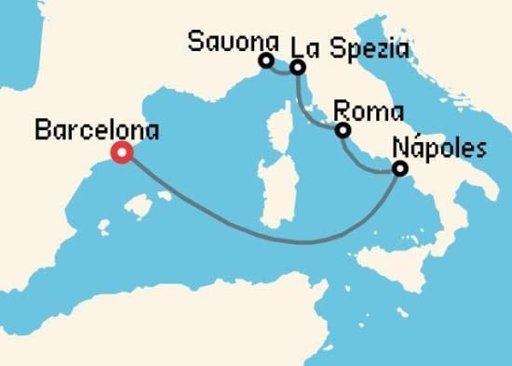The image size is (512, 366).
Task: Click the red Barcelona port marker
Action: (x=121, y=153)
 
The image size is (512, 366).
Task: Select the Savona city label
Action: (x=234, y=41)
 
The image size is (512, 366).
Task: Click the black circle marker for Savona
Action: (x=265, y=61)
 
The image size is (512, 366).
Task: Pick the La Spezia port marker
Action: (x=297, y=67)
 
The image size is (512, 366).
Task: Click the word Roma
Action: (x=355, y=110)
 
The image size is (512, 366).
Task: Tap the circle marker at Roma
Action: (x=342, y=130)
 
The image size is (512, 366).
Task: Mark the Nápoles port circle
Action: (x=400, y=169)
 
